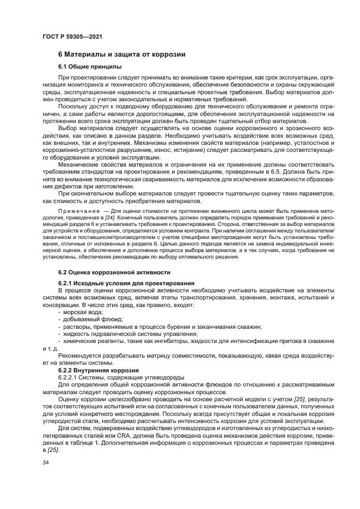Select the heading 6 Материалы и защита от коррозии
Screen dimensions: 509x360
pos(122,54)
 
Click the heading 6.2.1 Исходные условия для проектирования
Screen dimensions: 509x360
pos(126,283)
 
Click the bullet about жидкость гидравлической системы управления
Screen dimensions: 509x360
pos(130,333)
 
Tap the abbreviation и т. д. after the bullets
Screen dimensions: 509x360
pos(50,348)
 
